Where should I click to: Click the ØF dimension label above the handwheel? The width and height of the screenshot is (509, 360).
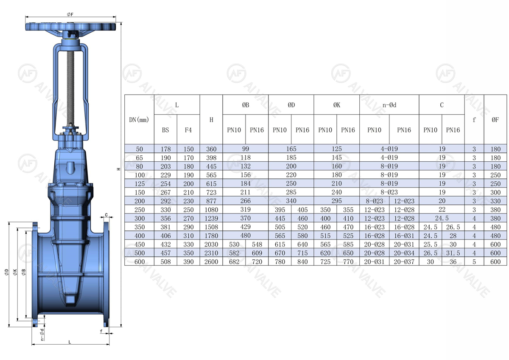(70, 14)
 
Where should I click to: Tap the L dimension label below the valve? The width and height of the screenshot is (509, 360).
(70, 342)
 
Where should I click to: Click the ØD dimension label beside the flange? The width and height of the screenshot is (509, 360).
(6, 274)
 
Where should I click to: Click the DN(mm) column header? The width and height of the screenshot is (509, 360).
(139, 120)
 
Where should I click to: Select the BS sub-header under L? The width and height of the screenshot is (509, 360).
(165, 130)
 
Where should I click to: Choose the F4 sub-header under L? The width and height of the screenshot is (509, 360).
(188, 130)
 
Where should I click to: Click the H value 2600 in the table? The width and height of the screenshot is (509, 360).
(211, 262)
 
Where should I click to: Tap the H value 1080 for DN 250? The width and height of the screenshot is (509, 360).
(211, 210)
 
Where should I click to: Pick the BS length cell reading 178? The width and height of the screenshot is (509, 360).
(165, 149)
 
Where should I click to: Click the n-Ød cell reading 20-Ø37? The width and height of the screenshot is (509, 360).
(404, 262)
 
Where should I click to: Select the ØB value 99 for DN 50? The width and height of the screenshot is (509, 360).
(245, 149)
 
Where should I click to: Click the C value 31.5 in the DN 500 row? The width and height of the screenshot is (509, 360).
(453, 253)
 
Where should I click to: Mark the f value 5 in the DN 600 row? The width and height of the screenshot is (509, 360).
(474, 262)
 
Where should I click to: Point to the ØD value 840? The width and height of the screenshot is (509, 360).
(302, 262)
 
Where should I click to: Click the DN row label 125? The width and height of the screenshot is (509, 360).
(139, 184)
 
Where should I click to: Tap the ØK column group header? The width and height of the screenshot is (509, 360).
(336, 105)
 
